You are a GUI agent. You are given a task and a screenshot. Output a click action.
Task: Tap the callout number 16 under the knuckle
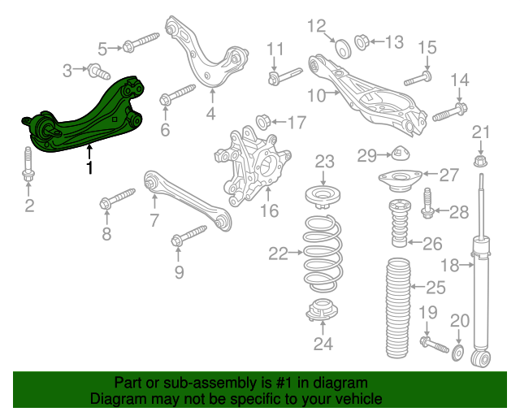point(269,210)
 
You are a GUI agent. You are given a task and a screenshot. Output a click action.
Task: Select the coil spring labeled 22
point(323,253)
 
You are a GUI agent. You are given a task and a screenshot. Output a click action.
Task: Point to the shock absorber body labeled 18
point(480,292)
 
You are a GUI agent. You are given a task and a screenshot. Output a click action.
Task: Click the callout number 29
point(367,155)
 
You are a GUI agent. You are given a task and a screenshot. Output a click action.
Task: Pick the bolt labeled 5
point(141,41)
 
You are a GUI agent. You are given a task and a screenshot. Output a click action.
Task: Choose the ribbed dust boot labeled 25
point(398,308)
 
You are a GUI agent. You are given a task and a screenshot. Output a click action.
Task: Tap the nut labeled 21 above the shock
point(480,161)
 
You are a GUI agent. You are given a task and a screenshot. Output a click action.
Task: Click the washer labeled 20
point(457,353)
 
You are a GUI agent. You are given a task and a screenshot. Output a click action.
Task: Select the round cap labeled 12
point(343,49)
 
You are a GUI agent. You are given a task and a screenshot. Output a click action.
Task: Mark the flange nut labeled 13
point(362,42)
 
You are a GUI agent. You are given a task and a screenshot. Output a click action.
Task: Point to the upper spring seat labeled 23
point(323,197)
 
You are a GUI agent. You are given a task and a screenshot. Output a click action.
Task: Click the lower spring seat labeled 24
point(322,310)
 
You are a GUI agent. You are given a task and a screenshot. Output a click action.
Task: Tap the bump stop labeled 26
point(399,223)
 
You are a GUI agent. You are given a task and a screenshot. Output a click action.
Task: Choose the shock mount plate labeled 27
point(401,180)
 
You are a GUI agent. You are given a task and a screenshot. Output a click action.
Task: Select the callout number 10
point(316,96)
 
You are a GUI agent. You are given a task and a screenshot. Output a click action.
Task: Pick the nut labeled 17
point(264,122)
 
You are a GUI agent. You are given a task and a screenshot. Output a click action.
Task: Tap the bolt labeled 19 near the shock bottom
point(435,344)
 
